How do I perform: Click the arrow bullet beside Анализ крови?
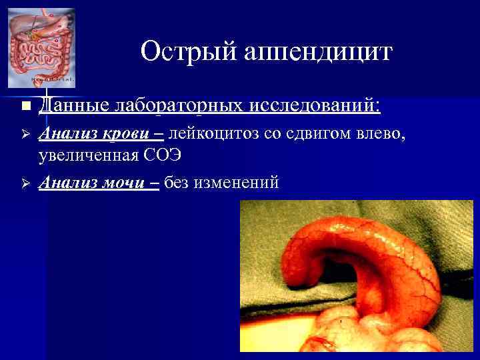click(25, 135)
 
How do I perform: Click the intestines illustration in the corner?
click(41, 47)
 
